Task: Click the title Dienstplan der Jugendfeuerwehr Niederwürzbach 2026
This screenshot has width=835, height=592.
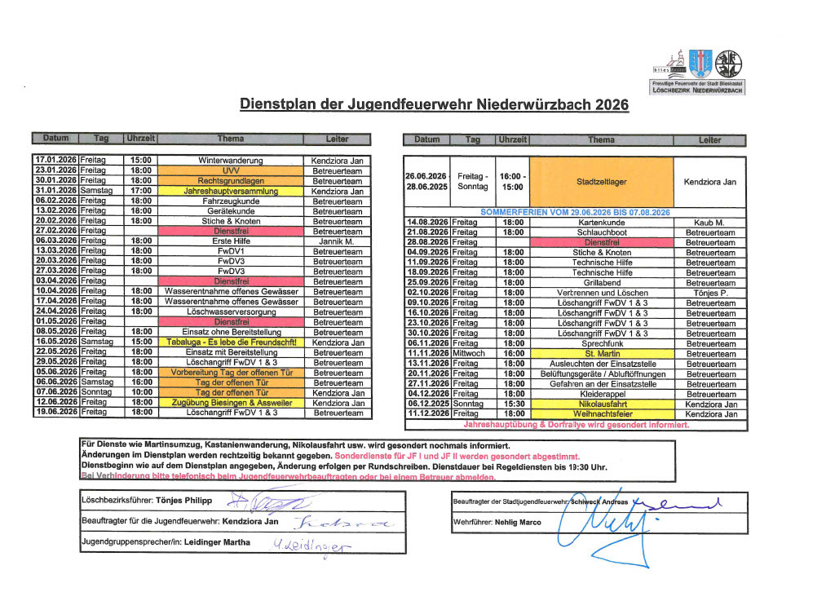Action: point(434,105)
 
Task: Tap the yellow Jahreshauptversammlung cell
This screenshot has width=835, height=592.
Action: point(230,191)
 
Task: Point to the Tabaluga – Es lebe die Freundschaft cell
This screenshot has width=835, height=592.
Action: point(230,342)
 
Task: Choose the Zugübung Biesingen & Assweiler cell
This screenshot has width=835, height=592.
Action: point(230,403)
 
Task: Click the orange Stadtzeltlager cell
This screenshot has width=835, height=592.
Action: point(601,181)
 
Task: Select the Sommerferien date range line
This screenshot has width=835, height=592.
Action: point(575,212)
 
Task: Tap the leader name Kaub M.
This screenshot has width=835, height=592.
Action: point(709,222)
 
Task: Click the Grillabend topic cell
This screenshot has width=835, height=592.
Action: point(601,282)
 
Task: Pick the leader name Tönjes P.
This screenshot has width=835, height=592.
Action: point(709,293)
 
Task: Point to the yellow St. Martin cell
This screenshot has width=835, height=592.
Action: point(601,353)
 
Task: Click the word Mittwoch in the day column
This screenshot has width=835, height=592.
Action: point(471,353)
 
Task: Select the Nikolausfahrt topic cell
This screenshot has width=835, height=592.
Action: point(601,404)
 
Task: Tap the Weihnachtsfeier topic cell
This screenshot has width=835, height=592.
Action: point(601,413)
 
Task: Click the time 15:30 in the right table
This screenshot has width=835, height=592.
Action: point(514,404)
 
